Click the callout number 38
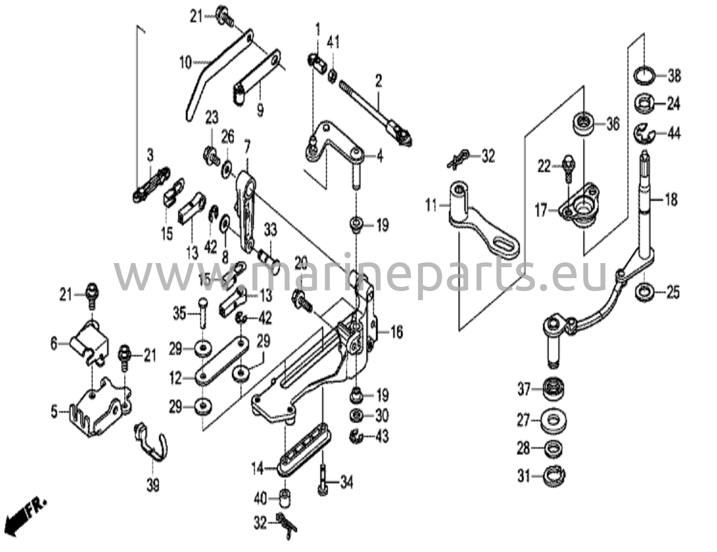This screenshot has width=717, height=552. click(674, 76)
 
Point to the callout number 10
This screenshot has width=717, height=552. click(186, 63)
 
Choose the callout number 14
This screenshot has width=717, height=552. click(258, 468)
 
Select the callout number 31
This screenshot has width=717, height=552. click(524, 476)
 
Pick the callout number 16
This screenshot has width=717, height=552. click(397, 332)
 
